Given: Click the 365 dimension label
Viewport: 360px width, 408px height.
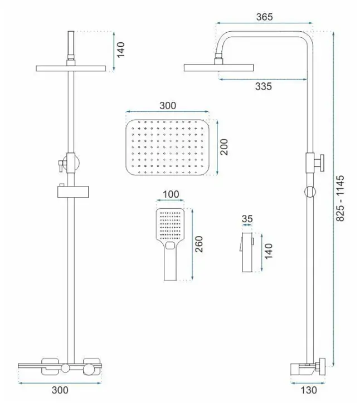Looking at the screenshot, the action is coord(264,17).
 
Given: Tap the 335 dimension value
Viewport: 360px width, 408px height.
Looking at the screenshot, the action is coord(264,86).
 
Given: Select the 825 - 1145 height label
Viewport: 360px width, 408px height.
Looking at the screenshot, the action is coord(340,198).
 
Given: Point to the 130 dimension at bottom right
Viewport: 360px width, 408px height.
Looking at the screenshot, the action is coord(309,390).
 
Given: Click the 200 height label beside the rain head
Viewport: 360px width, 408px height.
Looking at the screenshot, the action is coord(224,147).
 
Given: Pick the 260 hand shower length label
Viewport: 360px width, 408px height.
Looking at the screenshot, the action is coord(199,244).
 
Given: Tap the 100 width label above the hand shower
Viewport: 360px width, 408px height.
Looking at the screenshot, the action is coord(171,194).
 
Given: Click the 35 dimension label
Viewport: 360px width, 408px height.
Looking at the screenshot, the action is coord(247,219).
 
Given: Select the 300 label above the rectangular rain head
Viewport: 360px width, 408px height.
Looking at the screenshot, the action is coord(168,106).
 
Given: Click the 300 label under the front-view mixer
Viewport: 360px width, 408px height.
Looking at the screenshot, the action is coord(60,390).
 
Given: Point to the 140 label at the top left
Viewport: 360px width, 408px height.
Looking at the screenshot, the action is coord(120,50).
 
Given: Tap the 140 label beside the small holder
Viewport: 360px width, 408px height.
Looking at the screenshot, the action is coord(268,252).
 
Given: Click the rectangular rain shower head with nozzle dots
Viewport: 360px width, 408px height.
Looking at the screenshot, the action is coord(168,148).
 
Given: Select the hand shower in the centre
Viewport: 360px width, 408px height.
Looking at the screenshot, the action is coord(170,244).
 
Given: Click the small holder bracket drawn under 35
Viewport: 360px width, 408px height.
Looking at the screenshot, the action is coord(247,252).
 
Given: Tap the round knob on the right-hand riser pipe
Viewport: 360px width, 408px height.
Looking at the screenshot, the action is coord(310,192).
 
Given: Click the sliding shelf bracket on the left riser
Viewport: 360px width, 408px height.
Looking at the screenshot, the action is coord(73,191).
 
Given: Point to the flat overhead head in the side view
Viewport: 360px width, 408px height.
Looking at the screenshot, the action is coord(219,68).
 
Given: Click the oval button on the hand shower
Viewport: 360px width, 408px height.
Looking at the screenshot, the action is coord(171,245).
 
